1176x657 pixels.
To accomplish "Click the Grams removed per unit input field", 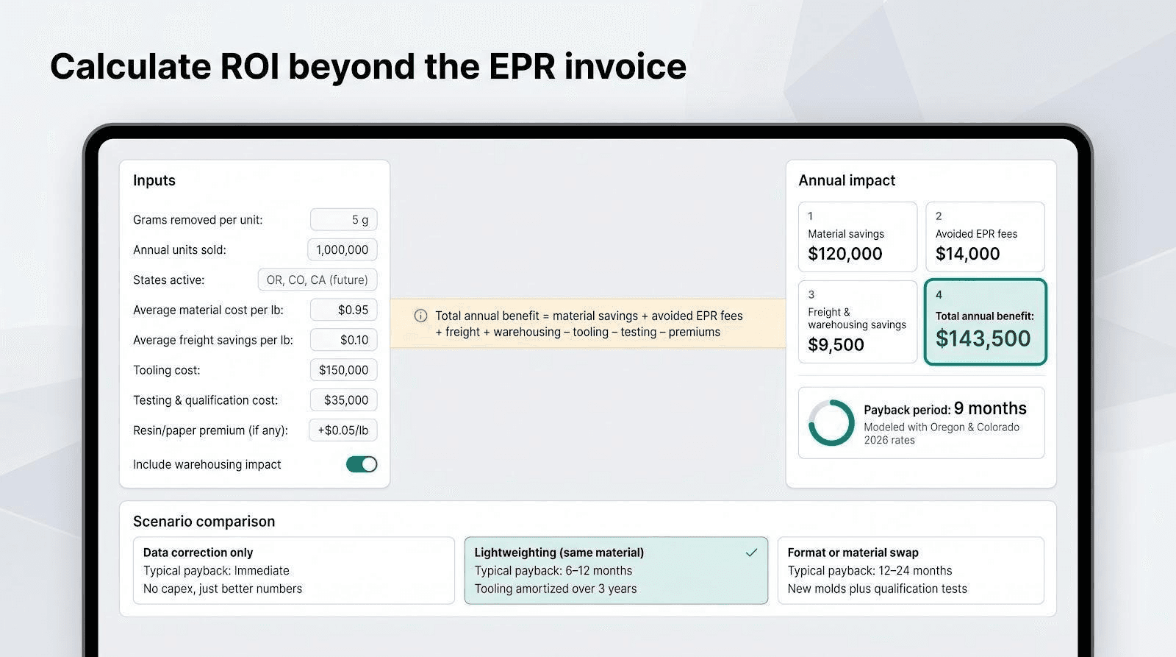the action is click(343, 220).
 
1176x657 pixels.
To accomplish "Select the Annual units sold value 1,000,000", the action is click(343, 249).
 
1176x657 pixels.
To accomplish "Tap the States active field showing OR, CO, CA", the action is click(317, 280).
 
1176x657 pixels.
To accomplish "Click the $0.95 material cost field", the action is click(343, 310).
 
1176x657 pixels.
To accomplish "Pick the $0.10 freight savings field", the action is click(343, 340).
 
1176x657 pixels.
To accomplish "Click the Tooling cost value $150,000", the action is click(343, 370).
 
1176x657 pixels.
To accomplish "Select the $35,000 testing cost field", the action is click(343, 400).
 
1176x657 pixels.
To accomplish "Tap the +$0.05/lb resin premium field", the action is click(343, 430).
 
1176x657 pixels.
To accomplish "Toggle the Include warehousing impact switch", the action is click(361, 464).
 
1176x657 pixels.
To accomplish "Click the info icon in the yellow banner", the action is click(420, 316).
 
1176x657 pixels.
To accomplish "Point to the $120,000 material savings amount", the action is click(845, 254).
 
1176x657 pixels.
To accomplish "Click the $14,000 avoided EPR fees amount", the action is click(967, 254).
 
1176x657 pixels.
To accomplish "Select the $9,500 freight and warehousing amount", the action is click(836, 345).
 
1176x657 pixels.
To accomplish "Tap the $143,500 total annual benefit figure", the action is click(983, 338).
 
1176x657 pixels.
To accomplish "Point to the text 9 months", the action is click(990, 408).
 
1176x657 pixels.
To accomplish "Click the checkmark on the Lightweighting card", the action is click(751, 553).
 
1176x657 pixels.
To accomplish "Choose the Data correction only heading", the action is click(198, 553).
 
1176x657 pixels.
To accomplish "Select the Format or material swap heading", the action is click(853, 553).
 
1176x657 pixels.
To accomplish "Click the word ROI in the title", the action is click(249, 67).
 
